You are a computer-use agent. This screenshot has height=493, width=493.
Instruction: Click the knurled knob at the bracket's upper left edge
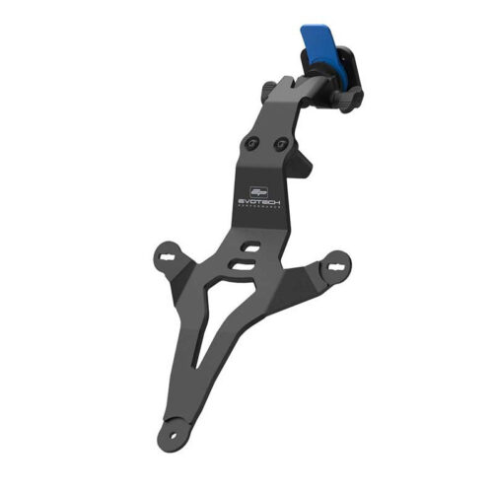(268, 92)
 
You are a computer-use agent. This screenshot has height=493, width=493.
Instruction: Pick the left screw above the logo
(254, 145)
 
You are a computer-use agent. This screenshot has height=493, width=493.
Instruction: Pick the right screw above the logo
(282, 147)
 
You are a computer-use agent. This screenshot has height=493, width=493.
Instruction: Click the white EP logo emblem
(258, 183)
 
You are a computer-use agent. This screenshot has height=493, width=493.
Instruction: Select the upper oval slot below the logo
(250, 247)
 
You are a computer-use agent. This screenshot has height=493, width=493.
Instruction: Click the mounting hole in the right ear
(336, 266)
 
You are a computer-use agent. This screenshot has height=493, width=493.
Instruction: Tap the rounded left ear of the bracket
(167, 259)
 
